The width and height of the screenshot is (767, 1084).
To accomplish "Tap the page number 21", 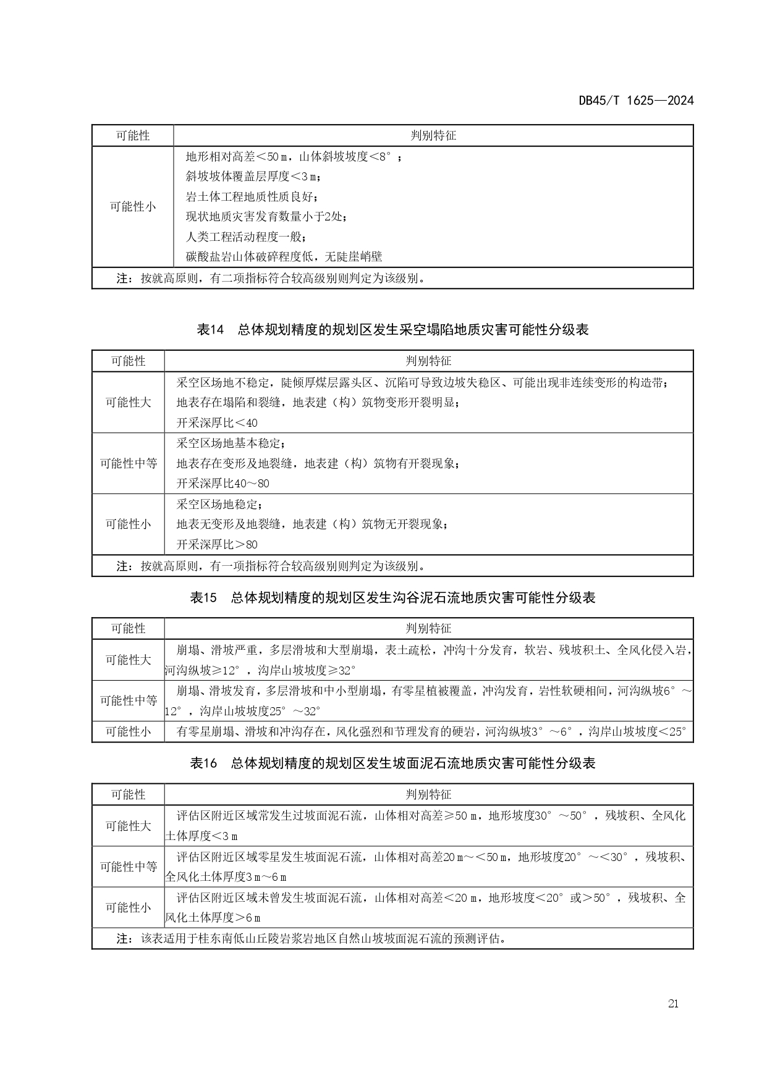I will [673, 1004].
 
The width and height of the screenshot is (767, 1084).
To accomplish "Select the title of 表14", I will [392, 330].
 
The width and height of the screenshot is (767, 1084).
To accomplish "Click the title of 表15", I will [392, 597].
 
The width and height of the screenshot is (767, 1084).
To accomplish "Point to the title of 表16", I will [392, 763].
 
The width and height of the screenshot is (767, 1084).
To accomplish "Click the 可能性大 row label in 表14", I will [128, 402].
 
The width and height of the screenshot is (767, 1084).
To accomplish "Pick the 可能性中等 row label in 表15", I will [128, 700].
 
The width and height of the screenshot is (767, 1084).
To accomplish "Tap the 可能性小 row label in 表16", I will [128, 907].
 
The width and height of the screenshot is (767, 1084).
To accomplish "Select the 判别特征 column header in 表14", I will [428, 361].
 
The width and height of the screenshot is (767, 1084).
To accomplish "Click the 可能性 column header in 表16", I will [128, 794].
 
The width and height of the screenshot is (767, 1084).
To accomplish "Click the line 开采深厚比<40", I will [217, 423].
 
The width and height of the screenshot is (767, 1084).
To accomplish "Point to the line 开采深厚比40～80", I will [223, 483].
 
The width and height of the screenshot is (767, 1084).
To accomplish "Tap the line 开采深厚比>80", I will [217, 544].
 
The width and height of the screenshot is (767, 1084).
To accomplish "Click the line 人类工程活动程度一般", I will [247, 237].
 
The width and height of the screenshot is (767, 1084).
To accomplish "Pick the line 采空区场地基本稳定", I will [231, 443].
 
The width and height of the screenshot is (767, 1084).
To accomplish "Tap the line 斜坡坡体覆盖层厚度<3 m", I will [253, 177].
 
